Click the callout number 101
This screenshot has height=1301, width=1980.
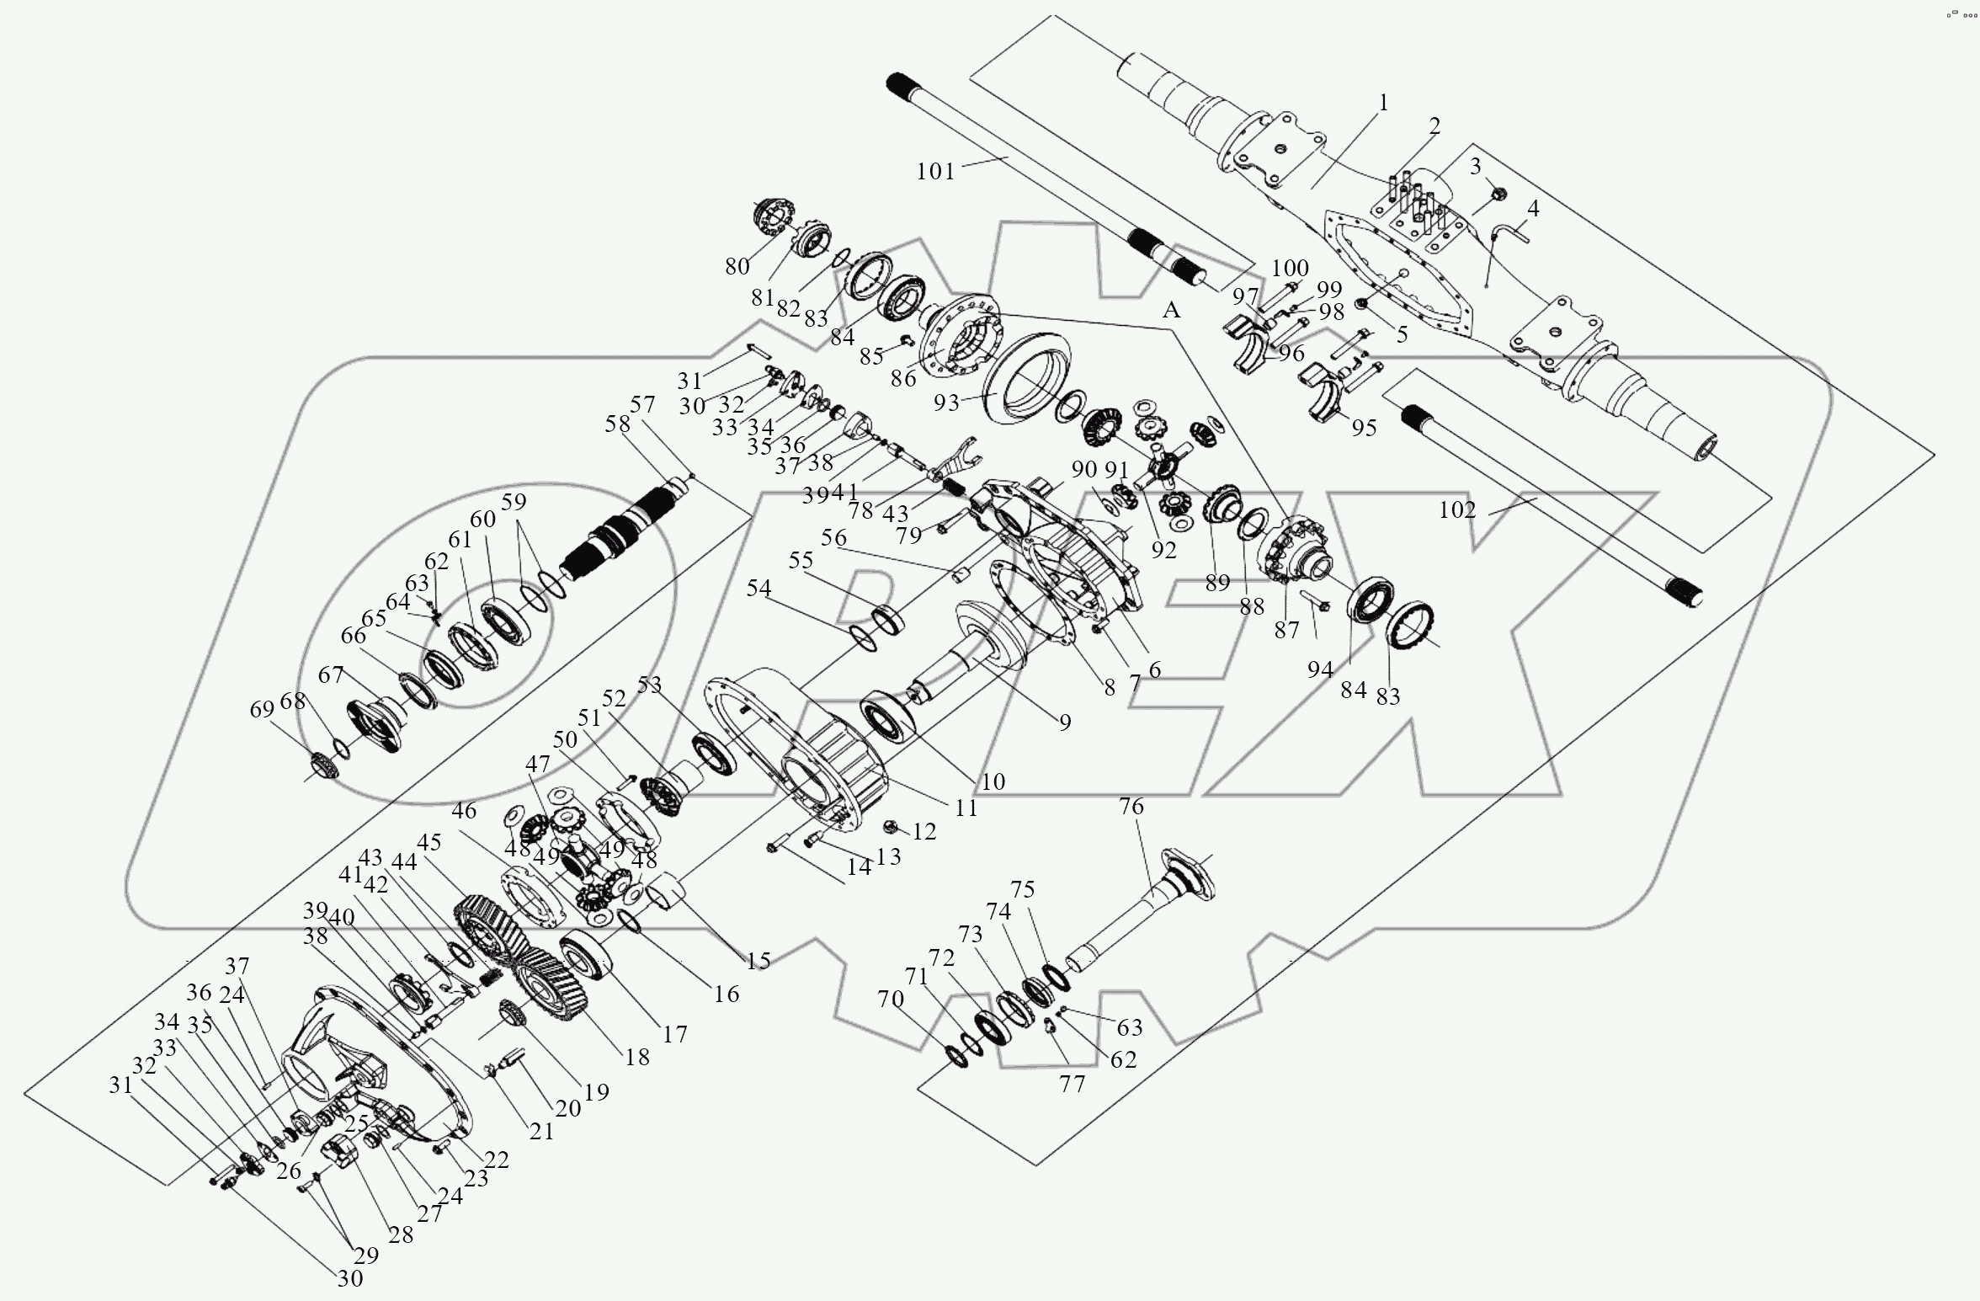pyautogui.click(x=935, y=172)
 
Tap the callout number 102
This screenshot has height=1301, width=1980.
pyautogui.click(x=1456, y=510)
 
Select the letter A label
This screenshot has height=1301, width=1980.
pyautogui.click(x=1171, y=311)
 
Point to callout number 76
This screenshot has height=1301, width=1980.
pyautogui.click(x=1131, y=807)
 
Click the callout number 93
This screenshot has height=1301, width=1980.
pyautogui.click(x=946, y=403)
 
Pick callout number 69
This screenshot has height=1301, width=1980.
pyautogui.click(x=262, y=710)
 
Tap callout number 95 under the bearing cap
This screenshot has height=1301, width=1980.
pyautogui.click(x=1364, y=427)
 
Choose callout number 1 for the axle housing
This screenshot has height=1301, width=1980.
pyautogui.click(x=1382, y=104)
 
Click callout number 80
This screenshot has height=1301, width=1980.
pyautogui.click(x=737, y=267)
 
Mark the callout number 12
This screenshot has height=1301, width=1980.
pyautogui.click(x=924, y=832)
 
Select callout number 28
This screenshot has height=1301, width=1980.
pyautogui.click(x=401, y=1234)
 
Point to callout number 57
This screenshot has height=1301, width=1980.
pyautogui.click(x=642, y=405)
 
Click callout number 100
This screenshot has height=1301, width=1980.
pyautogui.click(x=1290, y=269)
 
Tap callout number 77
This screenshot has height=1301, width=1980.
pyautogui.click(x=1072, y=1085)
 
